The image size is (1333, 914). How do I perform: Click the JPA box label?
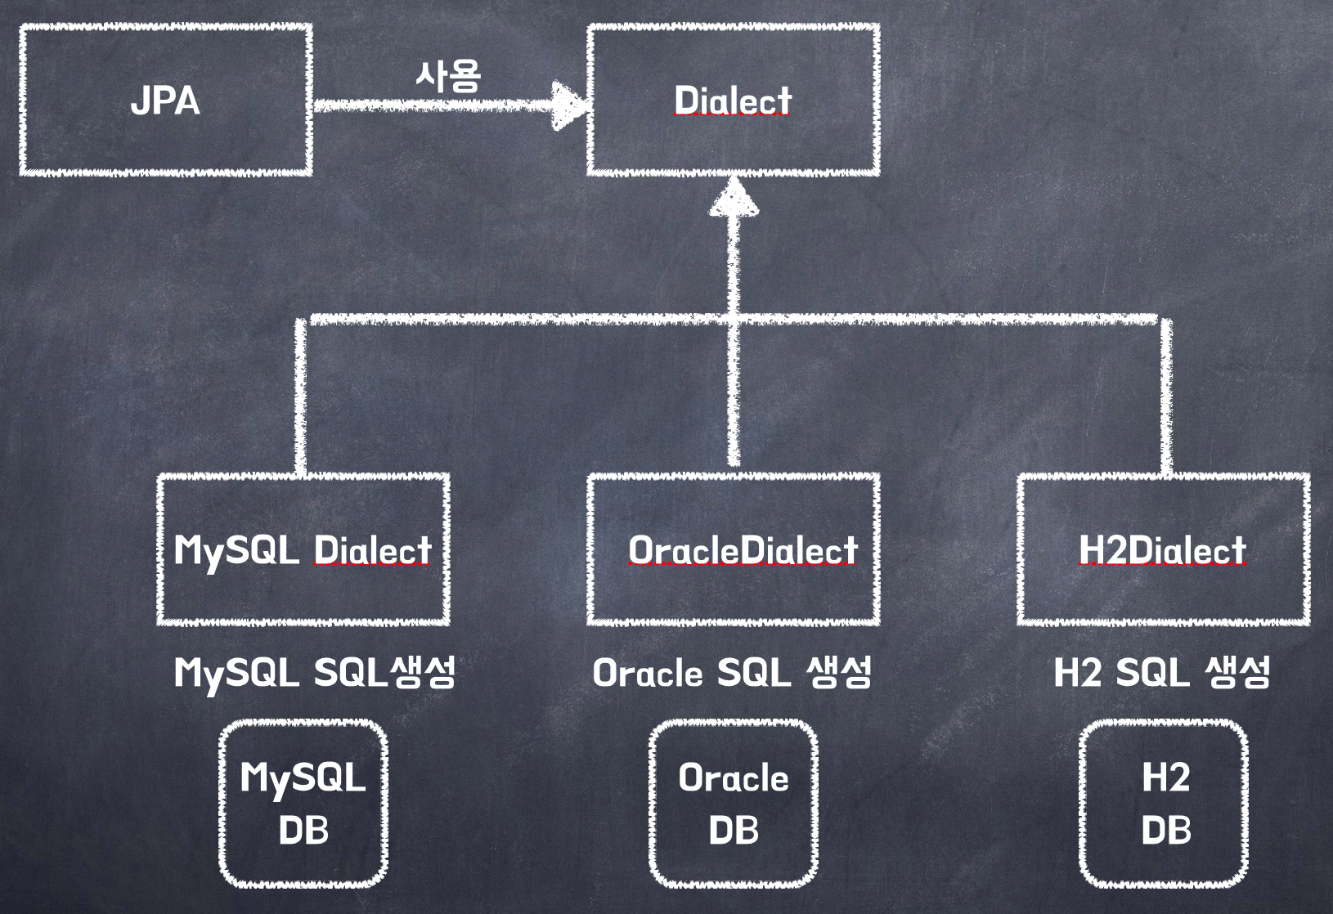pos(165,101)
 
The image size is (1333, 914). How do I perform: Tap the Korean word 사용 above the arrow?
pos(448,76)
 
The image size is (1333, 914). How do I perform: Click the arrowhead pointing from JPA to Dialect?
pos(570,105)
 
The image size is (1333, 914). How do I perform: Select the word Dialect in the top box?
pos(732,101)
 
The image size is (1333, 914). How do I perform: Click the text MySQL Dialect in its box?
pos(303,550)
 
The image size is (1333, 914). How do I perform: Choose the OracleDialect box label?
pos(743,550)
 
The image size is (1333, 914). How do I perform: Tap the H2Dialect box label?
pos(1162,550)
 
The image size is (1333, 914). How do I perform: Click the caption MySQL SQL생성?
pos(315,673)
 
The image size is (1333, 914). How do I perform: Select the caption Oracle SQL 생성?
pos(732,673)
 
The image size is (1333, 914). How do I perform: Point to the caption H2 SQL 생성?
pos(1162,673)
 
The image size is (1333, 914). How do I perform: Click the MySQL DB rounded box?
pos(303,804)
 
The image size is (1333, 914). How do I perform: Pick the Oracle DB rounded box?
pos(734,804)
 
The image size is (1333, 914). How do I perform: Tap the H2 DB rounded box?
pos(1164,804)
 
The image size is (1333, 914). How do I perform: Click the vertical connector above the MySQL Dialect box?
pos(301,397)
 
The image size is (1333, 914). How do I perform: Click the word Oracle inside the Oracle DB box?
pos(734,778)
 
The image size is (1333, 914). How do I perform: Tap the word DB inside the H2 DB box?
pos(1165,831)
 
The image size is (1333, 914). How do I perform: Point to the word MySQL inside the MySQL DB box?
pos(303,777)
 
